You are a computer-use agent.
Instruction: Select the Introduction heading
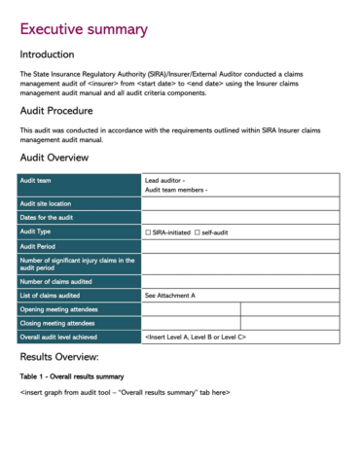click(x=54, y=54)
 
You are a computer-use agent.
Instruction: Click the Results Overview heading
click(x=65, y=357)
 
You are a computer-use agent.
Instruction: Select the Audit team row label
click(x=39, y=181)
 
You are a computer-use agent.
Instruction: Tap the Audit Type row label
click(x=38, y=231)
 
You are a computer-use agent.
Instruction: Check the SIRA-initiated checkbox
click(x=148, y=232)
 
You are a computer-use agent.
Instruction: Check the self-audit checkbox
click(x=198, y=232)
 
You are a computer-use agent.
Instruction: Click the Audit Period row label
click(x=41, y=246)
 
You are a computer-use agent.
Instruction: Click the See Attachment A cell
click(x=170, y=295)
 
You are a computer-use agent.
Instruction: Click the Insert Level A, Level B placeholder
click(x=196, y=337)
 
